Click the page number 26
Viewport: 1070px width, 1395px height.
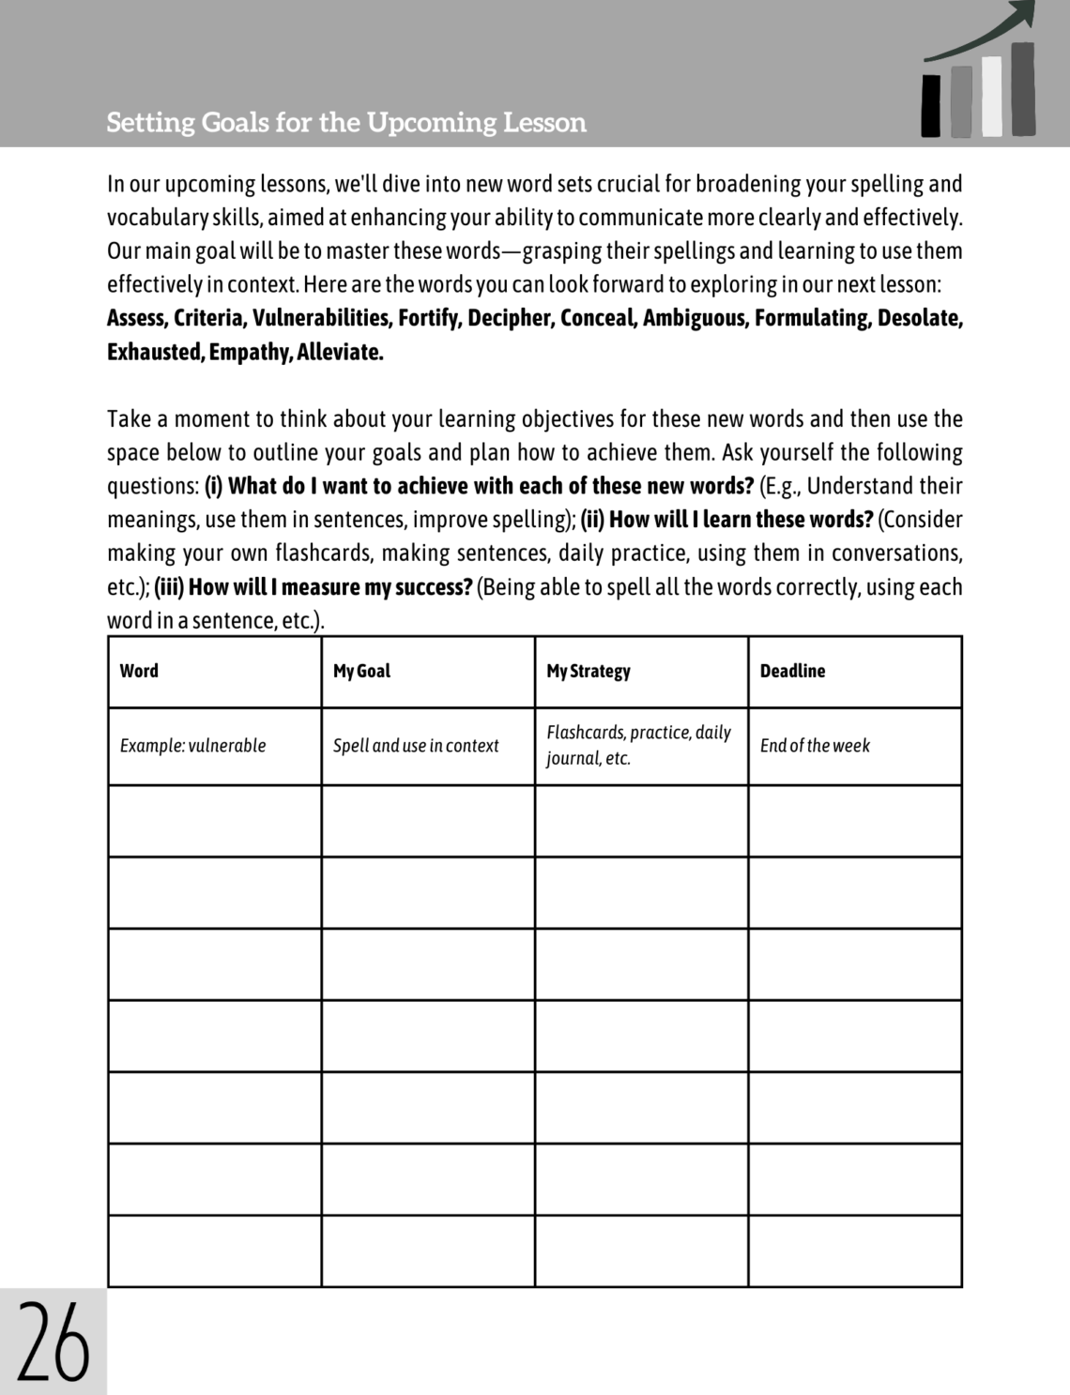pyautogui.click(x=53, y=1342)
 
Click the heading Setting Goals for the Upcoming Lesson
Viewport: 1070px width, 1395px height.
pyautogui.click(x=346, y=123)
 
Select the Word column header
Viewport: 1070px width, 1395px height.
pyautogui.click(x=139, y=671)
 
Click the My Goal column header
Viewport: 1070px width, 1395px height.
pyautogui.click(x=361, y=671)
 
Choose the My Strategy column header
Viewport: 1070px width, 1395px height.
pyautogui.click(x=588, y=671)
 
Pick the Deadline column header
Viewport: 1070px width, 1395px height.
pyautogui.click(x=792, y=671)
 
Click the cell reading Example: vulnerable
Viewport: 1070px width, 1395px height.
pyautogui.click(x=192, y=746)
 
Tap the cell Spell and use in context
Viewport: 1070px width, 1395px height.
pyautogui.click(x=416, y=746)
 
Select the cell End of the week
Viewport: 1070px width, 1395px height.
pyautogui.click(x=815, y=746)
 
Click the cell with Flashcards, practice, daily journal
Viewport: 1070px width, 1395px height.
pyautogui.click(x=638, y=745)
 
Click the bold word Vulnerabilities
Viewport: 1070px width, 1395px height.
pyautogui.click(x=320, y=318)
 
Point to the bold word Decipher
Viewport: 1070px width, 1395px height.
pyautogui.click(x=509, y=318)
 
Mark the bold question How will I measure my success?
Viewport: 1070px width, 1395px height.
pyautogui.click(x=329, y=587)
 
